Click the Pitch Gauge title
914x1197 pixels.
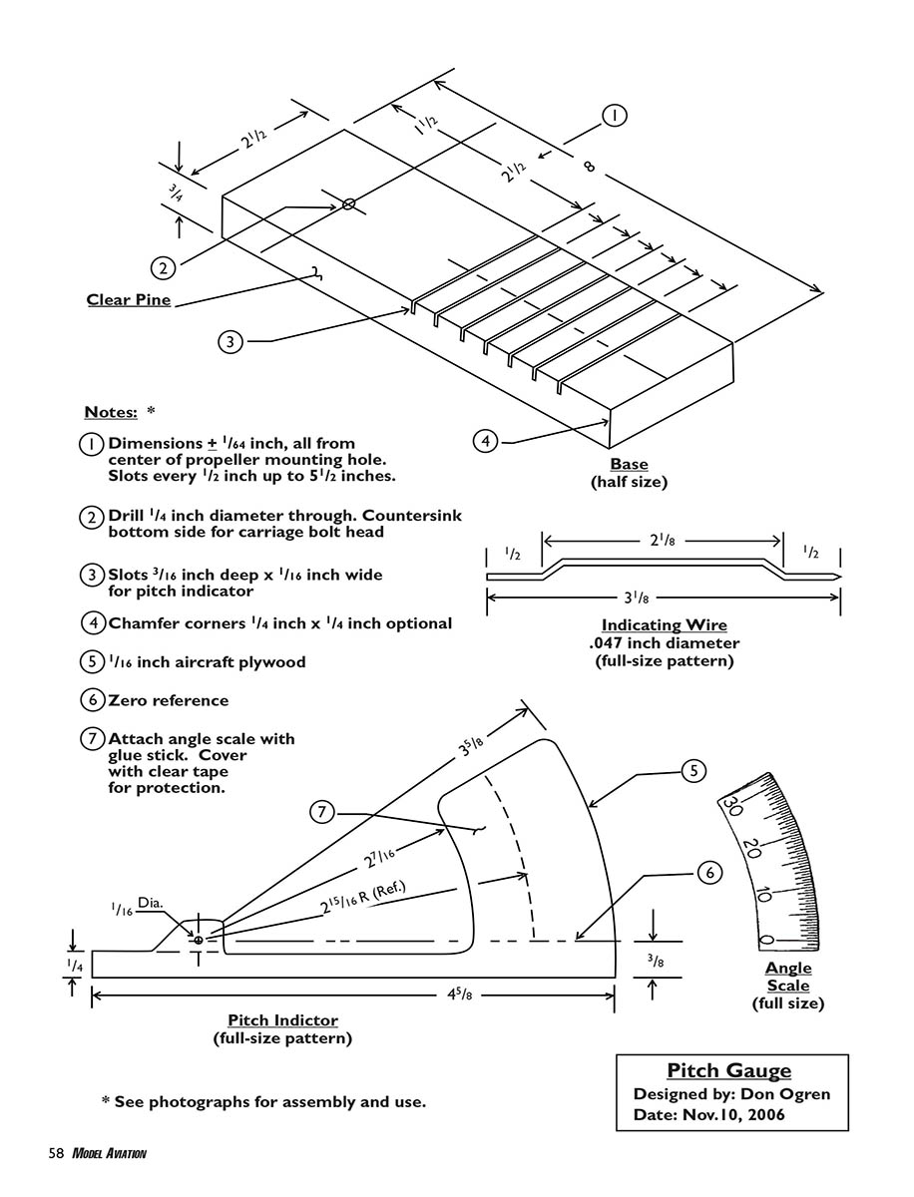[729, 1071]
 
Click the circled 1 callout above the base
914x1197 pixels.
[615, 116]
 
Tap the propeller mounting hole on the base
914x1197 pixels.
[348, 204]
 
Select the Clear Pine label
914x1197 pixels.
[129, 299]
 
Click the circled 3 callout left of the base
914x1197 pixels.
[230, 341]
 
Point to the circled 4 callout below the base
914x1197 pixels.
[485, 440]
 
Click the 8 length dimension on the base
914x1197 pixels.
[589, 166]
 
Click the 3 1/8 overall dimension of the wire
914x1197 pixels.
[662, 599]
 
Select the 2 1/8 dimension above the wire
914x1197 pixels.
[662, 542]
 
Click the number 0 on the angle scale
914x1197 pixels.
[766, 940]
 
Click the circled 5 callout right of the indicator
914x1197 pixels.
[694, 770]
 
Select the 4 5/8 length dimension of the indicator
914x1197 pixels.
[455, 995]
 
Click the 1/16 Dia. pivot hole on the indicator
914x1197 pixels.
[199, 940]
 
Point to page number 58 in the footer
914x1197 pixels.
[56, 1153]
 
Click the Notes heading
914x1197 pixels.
[110, 412]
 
